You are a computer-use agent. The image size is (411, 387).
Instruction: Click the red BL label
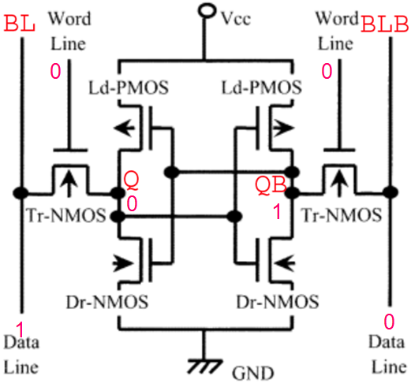20,24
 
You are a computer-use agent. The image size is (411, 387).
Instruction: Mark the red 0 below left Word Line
55,73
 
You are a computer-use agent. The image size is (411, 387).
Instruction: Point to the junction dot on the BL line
24,192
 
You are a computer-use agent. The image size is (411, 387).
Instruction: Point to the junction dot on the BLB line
387,192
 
